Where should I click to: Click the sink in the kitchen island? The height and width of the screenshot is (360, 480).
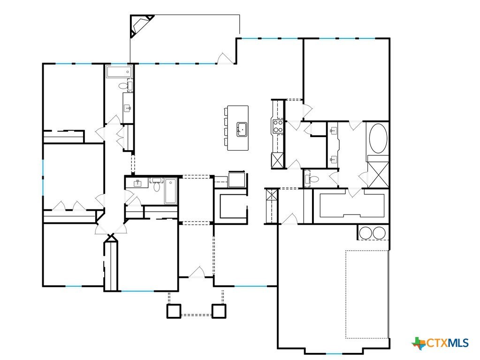[x=242, y=129]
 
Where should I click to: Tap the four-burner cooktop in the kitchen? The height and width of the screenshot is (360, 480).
[x=278, y=126]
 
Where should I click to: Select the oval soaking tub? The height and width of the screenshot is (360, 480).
[x=378, y=138]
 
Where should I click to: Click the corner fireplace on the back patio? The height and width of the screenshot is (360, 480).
[x=140, y=24]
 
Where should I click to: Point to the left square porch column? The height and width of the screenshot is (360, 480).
[x=174, y=311]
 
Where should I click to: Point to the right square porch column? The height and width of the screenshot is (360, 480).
[x=219, y=311]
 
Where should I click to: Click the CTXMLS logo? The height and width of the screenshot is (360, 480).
[x=440, y=343]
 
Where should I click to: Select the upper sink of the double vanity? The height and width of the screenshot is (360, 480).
[x=333, y=130]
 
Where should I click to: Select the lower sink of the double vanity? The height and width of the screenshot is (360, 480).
[x=333, y=159]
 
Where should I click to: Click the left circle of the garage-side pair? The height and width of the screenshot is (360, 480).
[x=365, y=233]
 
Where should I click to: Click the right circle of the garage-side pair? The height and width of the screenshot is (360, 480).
[x=379, y=233]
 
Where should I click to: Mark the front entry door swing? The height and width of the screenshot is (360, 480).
[x=196, y=272]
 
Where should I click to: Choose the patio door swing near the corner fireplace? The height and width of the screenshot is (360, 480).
[x=225, y=58]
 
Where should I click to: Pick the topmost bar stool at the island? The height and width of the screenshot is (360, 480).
[x=226, y=111]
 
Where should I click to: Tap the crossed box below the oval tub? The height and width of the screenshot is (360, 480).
[x=378, y=175]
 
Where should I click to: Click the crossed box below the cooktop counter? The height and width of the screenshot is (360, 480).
[x=278, y=161]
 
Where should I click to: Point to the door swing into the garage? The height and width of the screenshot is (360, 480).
[x=290, y=219]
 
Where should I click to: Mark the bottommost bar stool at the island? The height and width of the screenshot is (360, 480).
[x=226, y=142]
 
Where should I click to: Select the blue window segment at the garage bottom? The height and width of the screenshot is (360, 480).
[x=333, y=353]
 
